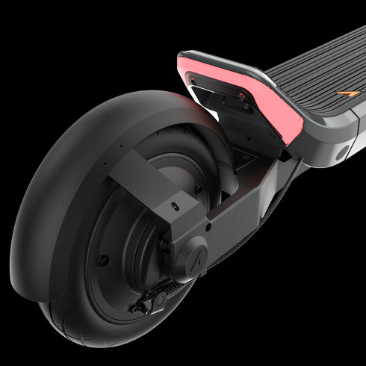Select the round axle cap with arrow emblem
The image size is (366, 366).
click(x=196, y=256)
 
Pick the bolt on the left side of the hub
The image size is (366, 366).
click(x=104, y=261)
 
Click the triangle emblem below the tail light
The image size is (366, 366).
click(x=244, y=158)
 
